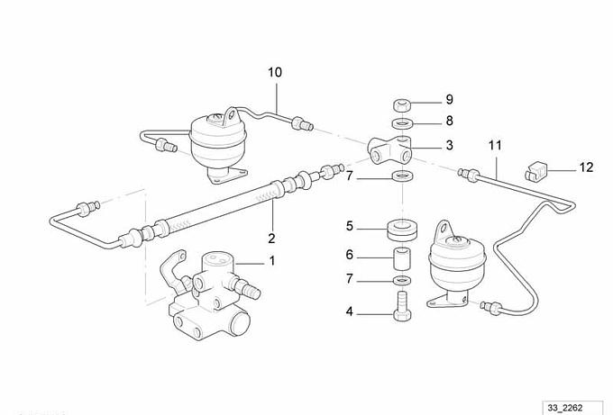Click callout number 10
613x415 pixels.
[x=274, y=72]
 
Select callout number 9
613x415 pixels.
[x=448, y=99]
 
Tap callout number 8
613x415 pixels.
[x=448, y=122]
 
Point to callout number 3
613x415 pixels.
[x=448, y=145]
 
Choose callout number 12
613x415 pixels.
[x=587, y=167]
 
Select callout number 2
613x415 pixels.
[x=270, y=239]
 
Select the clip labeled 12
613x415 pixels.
[x=535, y=167]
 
